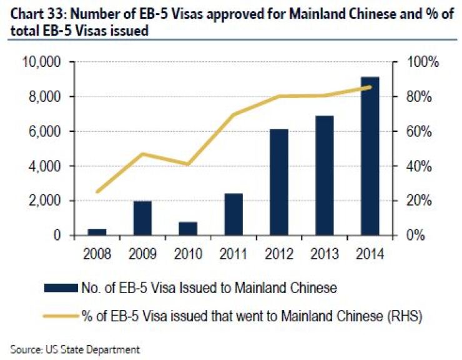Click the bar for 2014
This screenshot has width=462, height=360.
point(370,156)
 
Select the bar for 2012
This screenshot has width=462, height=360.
point(278,182)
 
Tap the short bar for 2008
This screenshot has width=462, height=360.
point(97,232)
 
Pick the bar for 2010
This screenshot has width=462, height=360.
point(188,229)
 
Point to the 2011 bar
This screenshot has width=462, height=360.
point(233,214)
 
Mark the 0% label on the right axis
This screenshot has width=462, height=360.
point(413,236)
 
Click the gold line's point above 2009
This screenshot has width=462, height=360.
point(142,154)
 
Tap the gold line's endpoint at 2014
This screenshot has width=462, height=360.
point(370,87)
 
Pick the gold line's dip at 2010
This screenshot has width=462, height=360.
point(188,164)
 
